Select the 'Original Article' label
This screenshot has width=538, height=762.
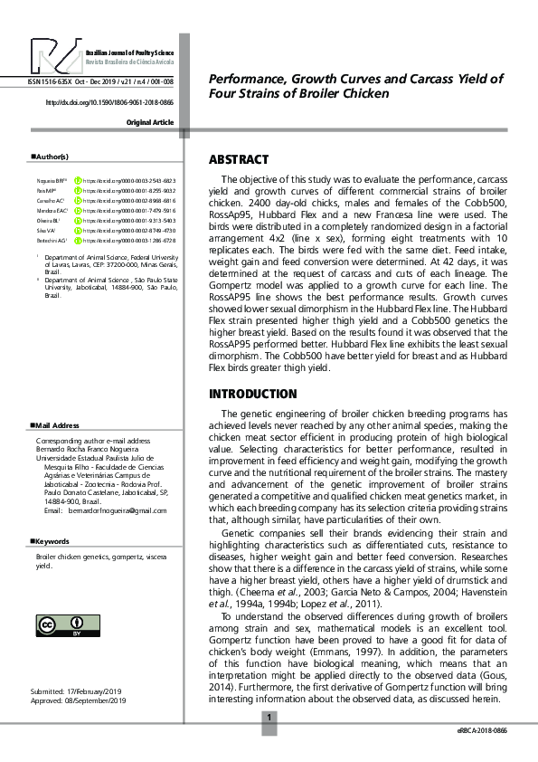click(149, 122)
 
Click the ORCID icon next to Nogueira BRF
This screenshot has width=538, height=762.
click(78, 182)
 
